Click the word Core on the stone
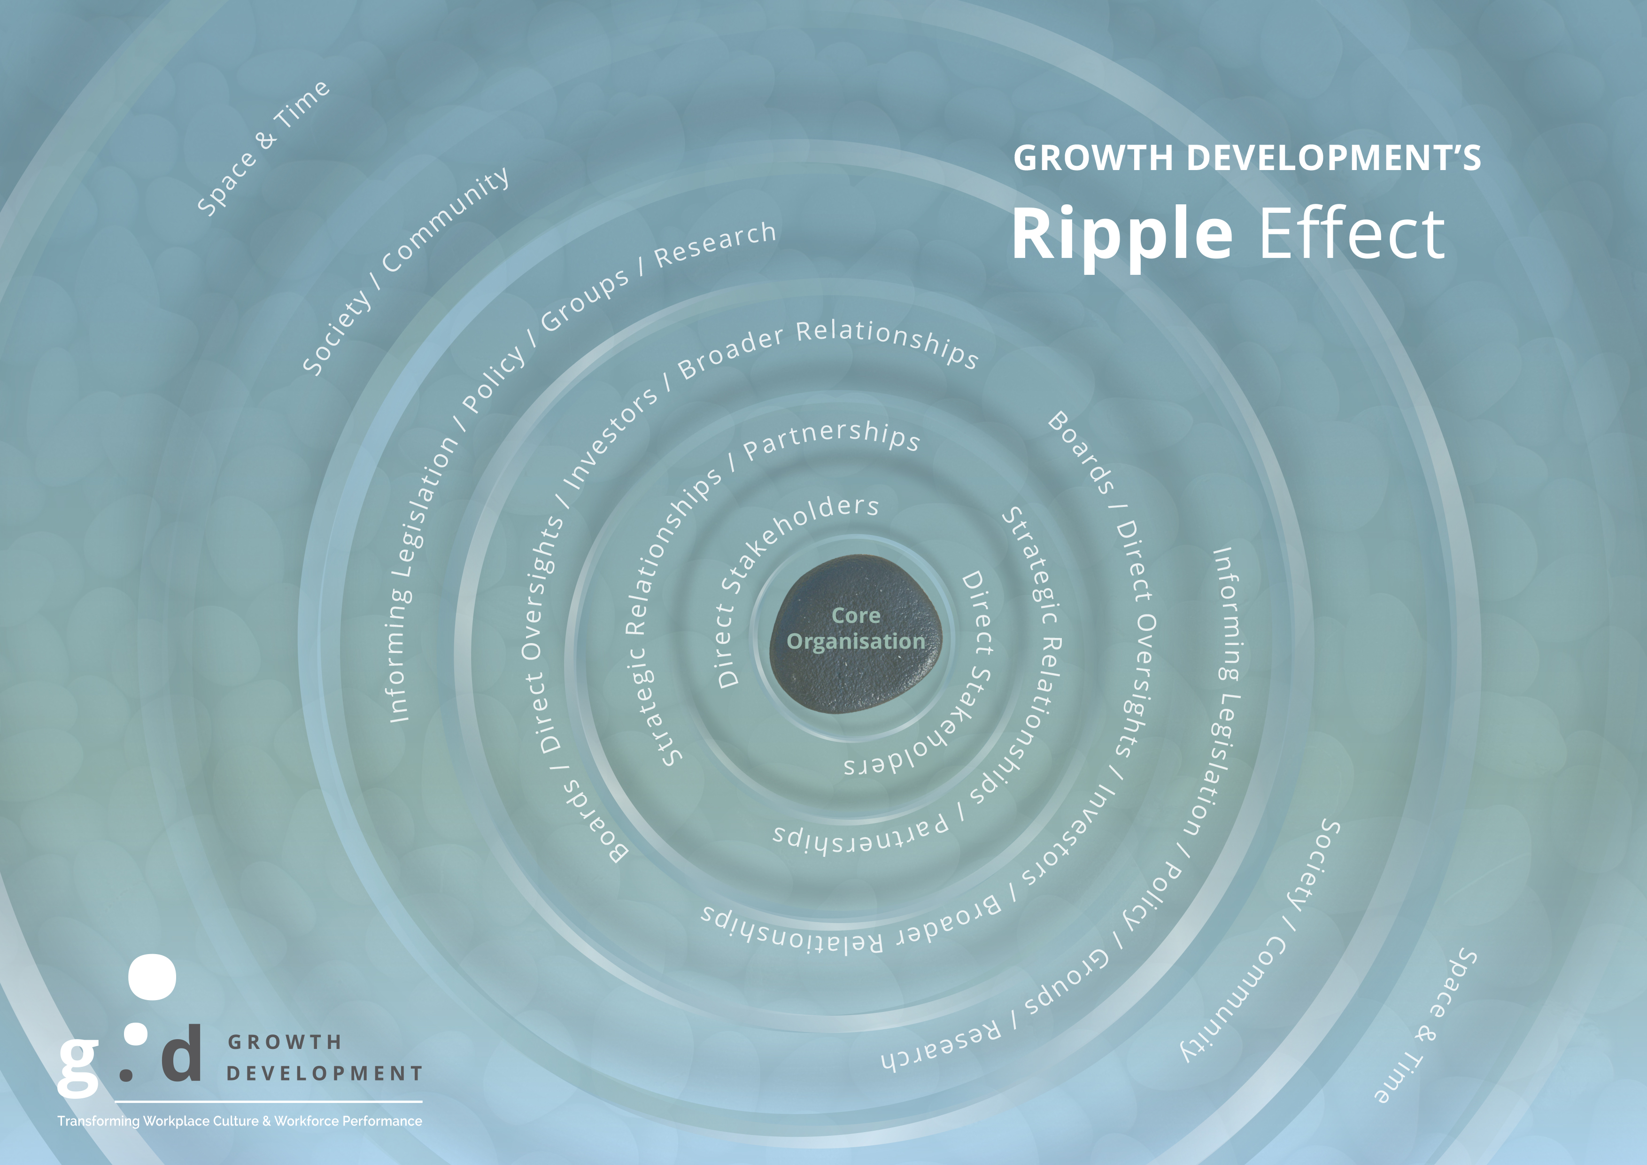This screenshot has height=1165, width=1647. click(856, 615)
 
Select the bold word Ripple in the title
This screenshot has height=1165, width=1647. click(1122, 234)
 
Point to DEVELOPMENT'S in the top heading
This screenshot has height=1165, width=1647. click(1334, 158)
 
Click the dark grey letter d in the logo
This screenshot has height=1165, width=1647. click(181, 1052)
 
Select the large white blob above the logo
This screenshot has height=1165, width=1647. click(152, 977)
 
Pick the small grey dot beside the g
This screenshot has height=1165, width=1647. click(127, 1075)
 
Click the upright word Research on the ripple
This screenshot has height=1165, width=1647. click(715, 245)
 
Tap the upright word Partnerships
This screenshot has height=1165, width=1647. click(832, 439)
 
